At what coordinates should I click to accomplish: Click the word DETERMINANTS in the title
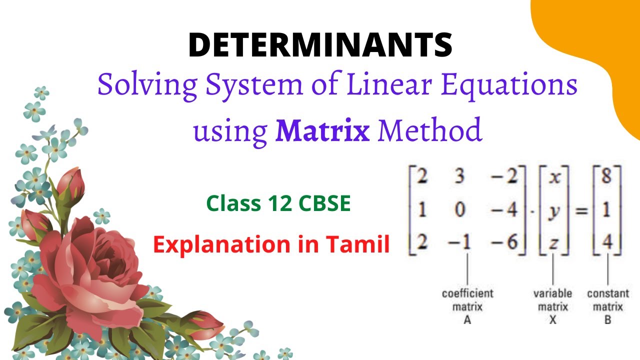pos(320,44)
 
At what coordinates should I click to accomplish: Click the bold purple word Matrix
pos(322,130)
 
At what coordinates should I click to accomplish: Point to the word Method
pos(429,130)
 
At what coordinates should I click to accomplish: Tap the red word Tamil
pos(357,244)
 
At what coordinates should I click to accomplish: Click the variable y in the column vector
pos(553,210)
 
